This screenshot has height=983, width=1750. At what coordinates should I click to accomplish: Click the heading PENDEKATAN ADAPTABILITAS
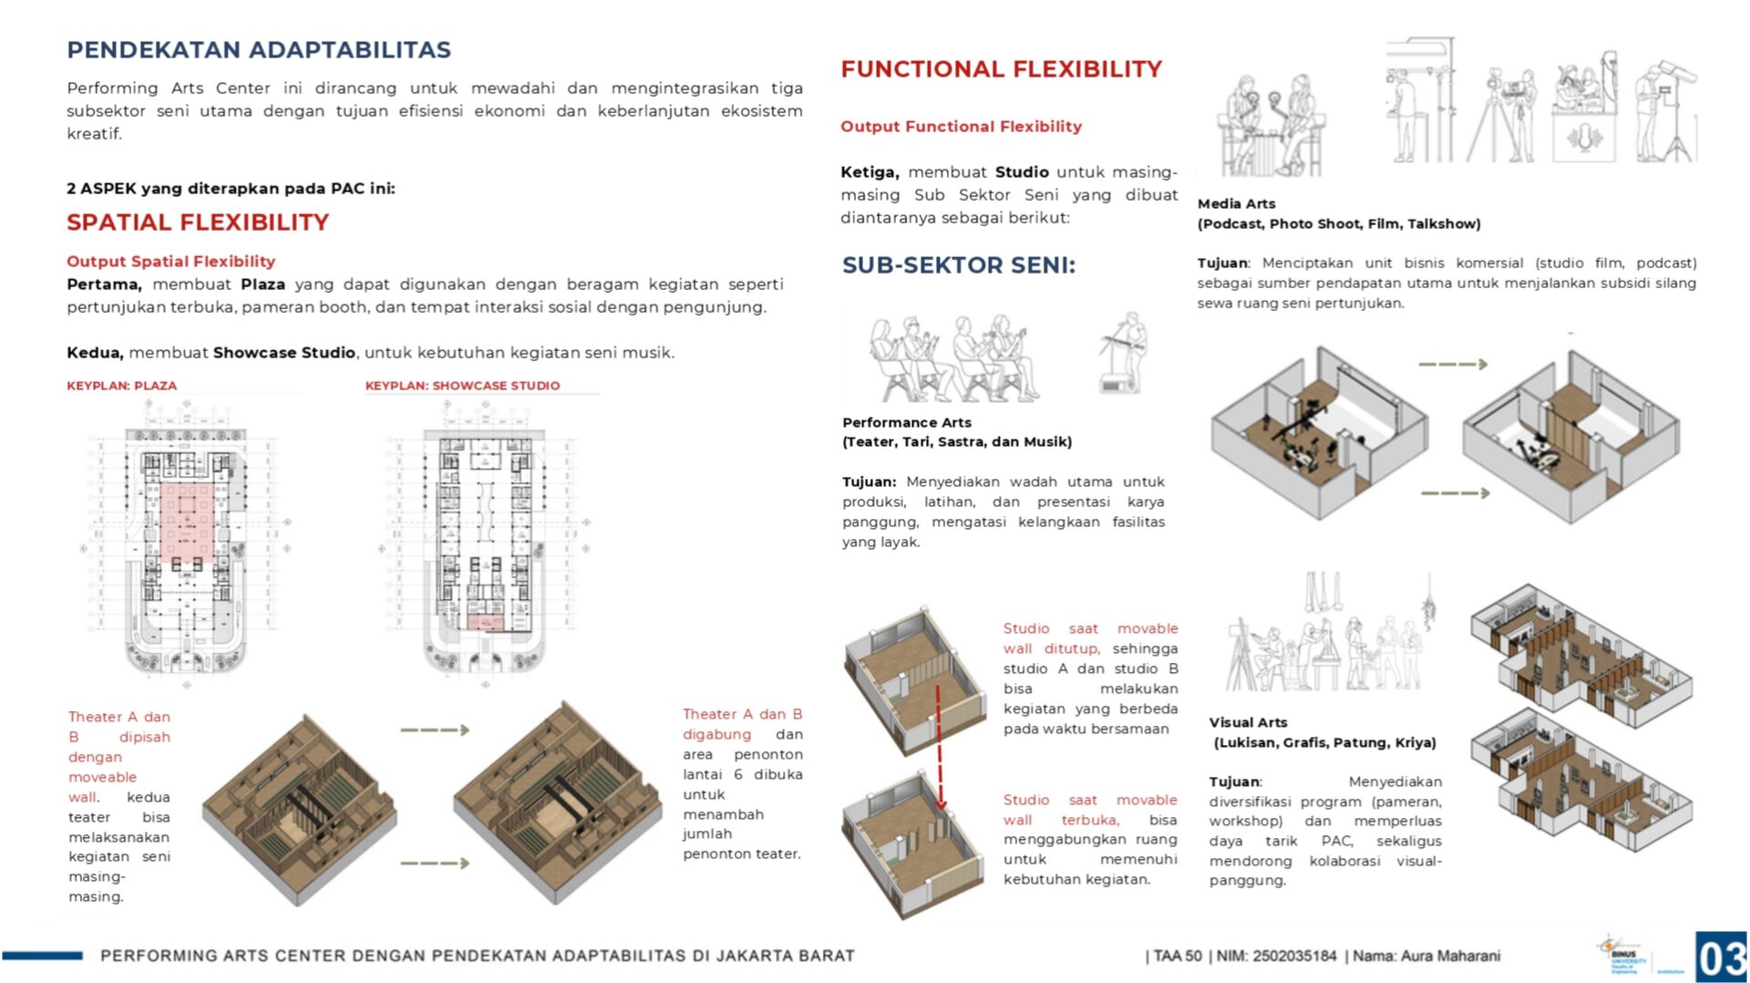click(x=259, y=50)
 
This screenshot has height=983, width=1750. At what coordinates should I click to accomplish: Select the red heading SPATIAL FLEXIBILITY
click(x=198, y=222)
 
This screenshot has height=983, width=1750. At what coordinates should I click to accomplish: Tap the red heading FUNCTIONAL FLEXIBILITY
click(x=1001, y=69)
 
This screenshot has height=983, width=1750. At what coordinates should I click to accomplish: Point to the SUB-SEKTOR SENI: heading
click(x=958, y=265)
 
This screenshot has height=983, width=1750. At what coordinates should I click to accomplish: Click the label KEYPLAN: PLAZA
click(x=121, y=386)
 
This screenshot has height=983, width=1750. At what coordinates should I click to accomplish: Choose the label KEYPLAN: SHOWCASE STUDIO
click(x=462, y=386)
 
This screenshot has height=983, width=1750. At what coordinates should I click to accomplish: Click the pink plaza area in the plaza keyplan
click(x=188, y=521)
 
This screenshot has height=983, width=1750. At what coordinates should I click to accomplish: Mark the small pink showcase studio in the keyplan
click(x=485, y=623)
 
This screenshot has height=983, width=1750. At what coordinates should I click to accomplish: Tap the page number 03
click(x=1721, y=957)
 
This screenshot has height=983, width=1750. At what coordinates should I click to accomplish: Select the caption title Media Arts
click(x=1236, y=204)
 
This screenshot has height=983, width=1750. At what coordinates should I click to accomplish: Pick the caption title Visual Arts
click(x=1248, y=722)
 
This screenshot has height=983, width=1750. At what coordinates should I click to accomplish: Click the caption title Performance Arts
click(x=906, y=422)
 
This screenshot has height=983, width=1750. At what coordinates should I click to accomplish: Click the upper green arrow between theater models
click(x=435, y=729)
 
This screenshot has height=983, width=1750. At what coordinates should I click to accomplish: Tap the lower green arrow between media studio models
click(x=1455, y=493)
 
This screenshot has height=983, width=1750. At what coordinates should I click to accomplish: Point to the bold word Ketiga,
click(x=870, y=172)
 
